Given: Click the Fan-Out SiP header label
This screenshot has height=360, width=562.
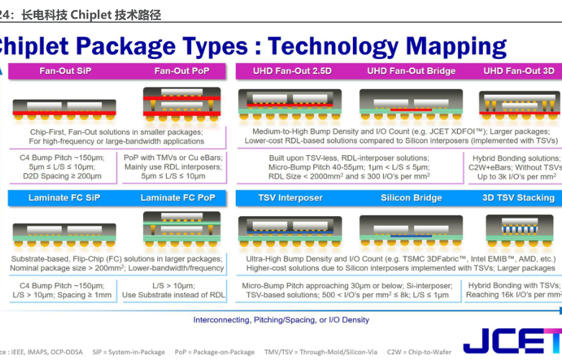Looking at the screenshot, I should tap(65, 71).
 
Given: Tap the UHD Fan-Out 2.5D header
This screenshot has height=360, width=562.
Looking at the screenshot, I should tap(292, 71).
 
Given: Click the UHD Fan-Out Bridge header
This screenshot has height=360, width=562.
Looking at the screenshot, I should tap(411, 71).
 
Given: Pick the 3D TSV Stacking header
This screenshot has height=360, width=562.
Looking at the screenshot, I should tap(520, 198).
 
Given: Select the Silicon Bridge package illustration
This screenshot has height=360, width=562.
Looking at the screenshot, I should tap(406, 229).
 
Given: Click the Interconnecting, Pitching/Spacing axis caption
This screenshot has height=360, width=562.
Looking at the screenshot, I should tap(281, 320).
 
